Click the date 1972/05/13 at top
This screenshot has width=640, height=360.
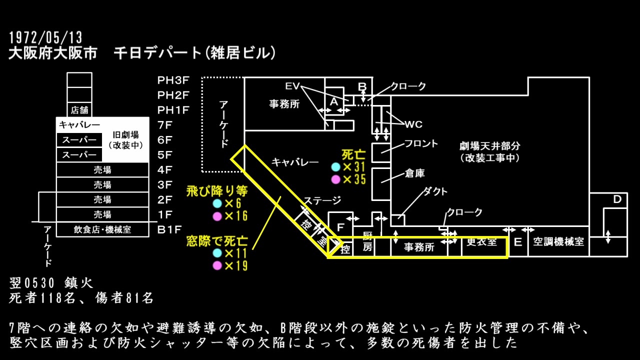click(45, 37)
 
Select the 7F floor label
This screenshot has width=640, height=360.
click(165, 125)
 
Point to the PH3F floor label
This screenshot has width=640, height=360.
click(173, 80)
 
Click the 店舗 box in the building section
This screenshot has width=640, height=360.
click(79, 110)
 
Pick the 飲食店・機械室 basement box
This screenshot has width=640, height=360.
click(102, 229)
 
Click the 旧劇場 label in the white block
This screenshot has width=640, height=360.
click(125, 134)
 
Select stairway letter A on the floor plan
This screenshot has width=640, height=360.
click(334, 101)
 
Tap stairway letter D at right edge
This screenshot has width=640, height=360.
click(617, 199)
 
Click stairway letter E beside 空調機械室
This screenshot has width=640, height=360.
click(518, 242)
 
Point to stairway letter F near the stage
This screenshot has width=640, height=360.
click(340, 227)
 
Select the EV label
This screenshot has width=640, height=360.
click(292, 86)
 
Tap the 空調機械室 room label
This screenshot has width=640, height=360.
click(558, 242)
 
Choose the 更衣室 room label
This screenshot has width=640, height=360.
click(482, 242)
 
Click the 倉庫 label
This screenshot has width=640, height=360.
click(414, 173)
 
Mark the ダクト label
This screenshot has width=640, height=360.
click(435, 191)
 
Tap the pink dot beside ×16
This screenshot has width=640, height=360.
click(217, 216)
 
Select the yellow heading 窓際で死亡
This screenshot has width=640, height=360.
click(216, 240)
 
